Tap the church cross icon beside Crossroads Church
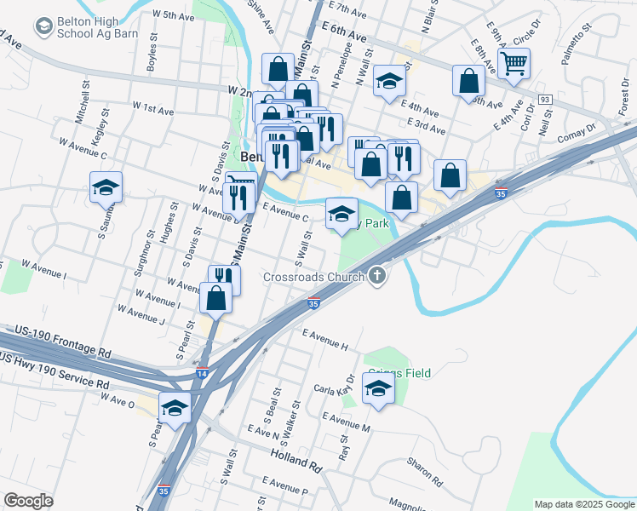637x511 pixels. (378, 276)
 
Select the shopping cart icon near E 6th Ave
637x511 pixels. (514, 63)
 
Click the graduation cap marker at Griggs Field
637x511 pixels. (378, 390)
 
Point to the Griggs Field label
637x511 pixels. (399, 372)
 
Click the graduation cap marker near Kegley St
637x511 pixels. (106, 187)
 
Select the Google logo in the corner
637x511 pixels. (27, 501)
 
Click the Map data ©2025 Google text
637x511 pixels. (584, 504)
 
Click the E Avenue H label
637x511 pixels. (324, 339)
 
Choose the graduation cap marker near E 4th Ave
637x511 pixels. (389, 82)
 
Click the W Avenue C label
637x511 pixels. (81, 150)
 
